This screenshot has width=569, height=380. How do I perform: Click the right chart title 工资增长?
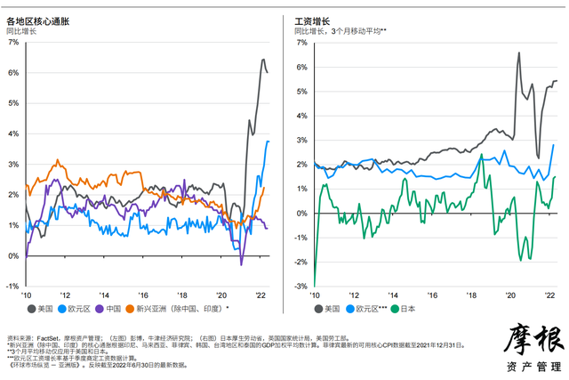click(x=313, y=20)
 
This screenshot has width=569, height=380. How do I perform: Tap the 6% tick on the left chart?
click(x=12, y=72)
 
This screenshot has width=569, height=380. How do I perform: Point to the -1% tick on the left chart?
click(x=12, y=287)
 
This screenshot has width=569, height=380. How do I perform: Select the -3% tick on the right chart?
click(x=301, y=287)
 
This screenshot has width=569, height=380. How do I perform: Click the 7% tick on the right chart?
click(x=302, y=42)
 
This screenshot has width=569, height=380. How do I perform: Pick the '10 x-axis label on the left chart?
click(x=27, y=295)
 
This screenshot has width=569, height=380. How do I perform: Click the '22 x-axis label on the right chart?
click(x=549, y=295)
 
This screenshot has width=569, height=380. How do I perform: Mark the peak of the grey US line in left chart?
click(x=263, y=60)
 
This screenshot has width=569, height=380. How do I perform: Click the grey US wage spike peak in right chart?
click(x=518, y=53)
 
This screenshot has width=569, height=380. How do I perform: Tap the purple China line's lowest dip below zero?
click(x=241, y=263)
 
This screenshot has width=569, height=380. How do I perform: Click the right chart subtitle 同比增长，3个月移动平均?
click(x=340, y=31)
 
